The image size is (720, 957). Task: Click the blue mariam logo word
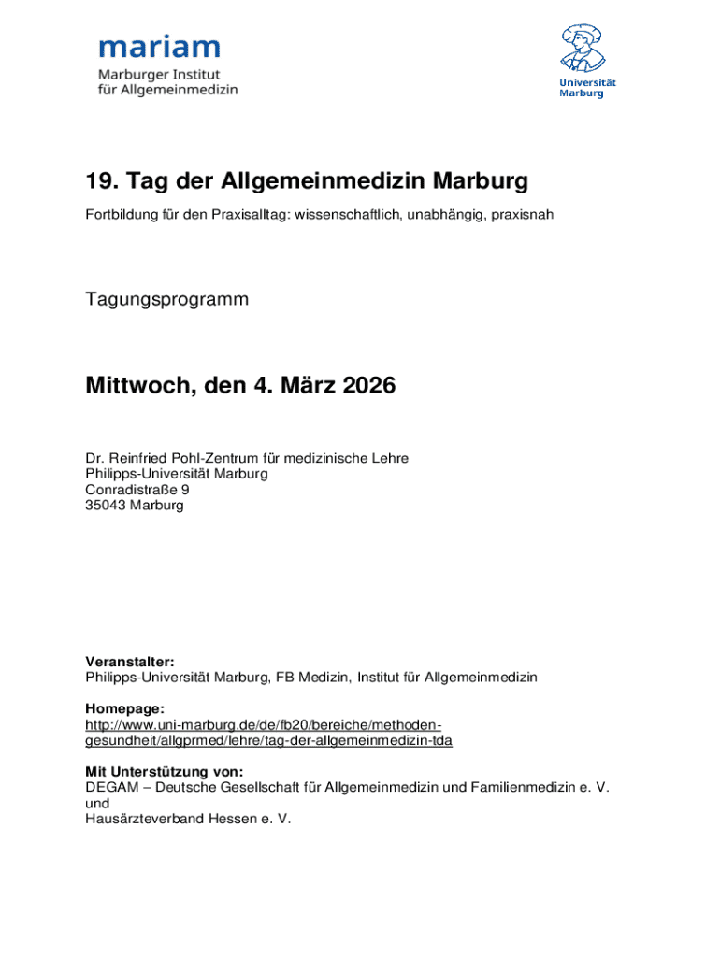[x=159, y=47]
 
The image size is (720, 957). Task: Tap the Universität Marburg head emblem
[x=586, y=47]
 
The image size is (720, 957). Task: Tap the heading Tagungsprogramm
[x=167, y=300]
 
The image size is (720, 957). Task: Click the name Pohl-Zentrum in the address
[x=210, y=458]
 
